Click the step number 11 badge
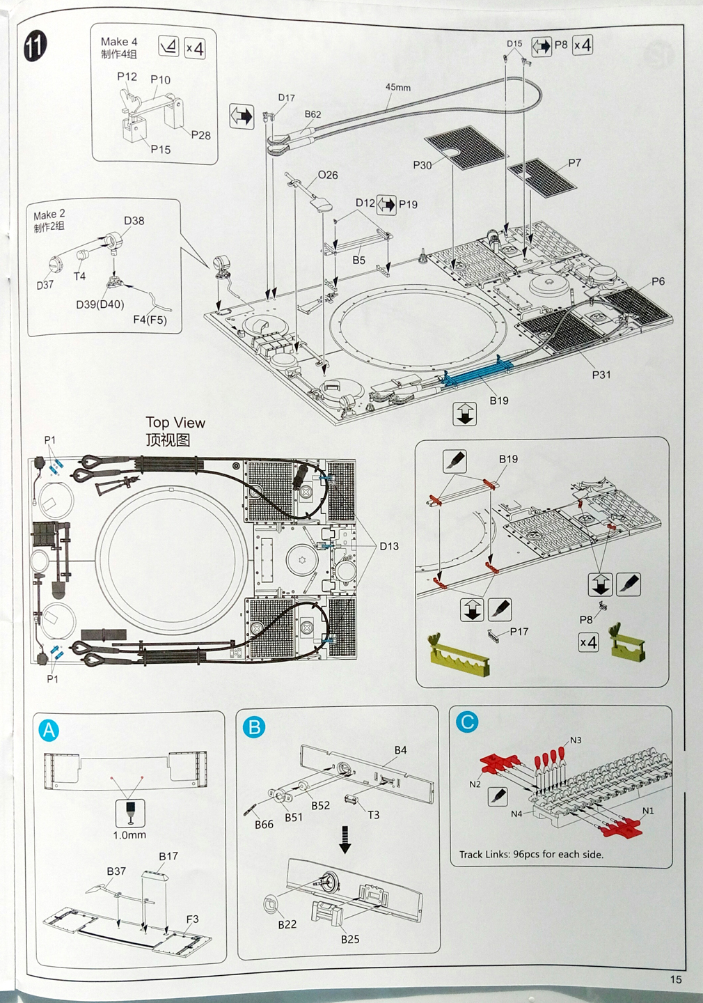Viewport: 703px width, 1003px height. [x=35, y=46]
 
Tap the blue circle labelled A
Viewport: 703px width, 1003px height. [x=49, y=730]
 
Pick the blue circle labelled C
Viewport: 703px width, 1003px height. [x=467, y=722]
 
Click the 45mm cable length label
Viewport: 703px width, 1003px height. [x=398, y=87]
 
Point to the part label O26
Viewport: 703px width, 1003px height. [x=328, y=175]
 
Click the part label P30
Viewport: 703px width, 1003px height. [x=422, y=165]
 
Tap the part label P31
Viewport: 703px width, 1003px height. [x=601, y=375]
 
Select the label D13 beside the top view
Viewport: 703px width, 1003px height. [x=389, y=546]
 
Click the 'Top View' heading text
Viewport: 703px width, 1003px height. [x=175, y=423]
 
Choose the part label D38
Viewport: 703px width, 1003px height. [x=134, y=221]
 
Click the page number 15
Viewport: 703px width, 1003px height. [x=676, y=979]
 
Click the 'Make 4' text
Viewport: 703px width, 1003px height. [x=118, y=42]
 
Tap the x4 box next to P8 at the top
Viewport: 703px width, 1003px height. [x=583, y=45]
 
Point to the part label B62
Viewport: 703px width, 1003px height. [x=313, y=114]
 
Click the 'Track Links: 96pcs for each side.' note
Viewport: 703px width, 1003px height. [x=531, y=854]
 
